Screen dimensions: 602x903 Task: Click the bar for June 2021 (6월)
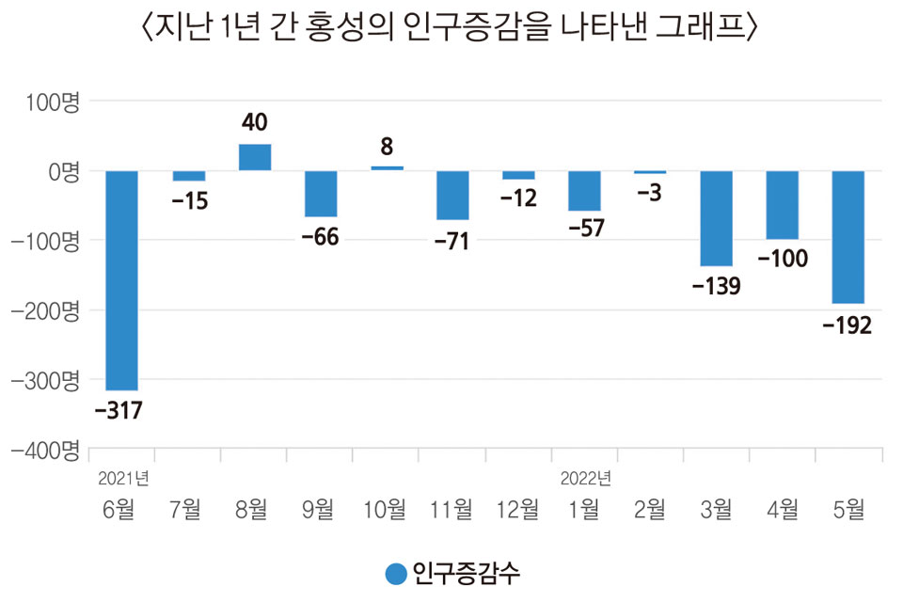pyautogui.click(x=122, y=280)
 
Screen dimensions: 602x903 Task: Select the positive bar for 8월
pyautogui.click(x=255, y=157)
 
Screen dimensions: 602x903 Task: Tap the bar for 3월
pyautogui.click(x=716, y=218)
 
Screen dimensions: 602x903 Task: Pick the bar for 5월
pyautogui.click(x=848, y=237)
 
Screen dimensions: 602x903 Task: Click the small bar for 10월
pyautogui.click(x=387, y=168)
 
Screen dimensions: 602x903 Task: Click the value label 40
pyautogui.click(x=255, y=122)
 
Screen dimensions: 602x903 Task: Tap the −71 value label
pyautogui.click(x=452, y=242)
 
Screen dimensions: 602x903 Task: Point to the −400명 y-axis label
pyautogui.click(x=44, y=450)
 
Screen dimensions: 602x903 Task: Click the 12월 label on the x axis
pyautogui.click(x=518, y=510)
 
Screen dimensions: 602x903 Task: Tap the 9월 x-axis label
pyautogui.click(x=320, y=510)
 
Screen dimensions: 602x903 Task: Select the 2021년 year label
pyautogui.click(x=123, y=477)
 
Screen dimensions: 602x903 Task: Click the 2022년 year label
pyautogui.click(x=586, y=477)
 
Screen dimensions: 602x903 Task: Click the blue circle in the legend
pyautogui.click(x=397, y=573)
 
